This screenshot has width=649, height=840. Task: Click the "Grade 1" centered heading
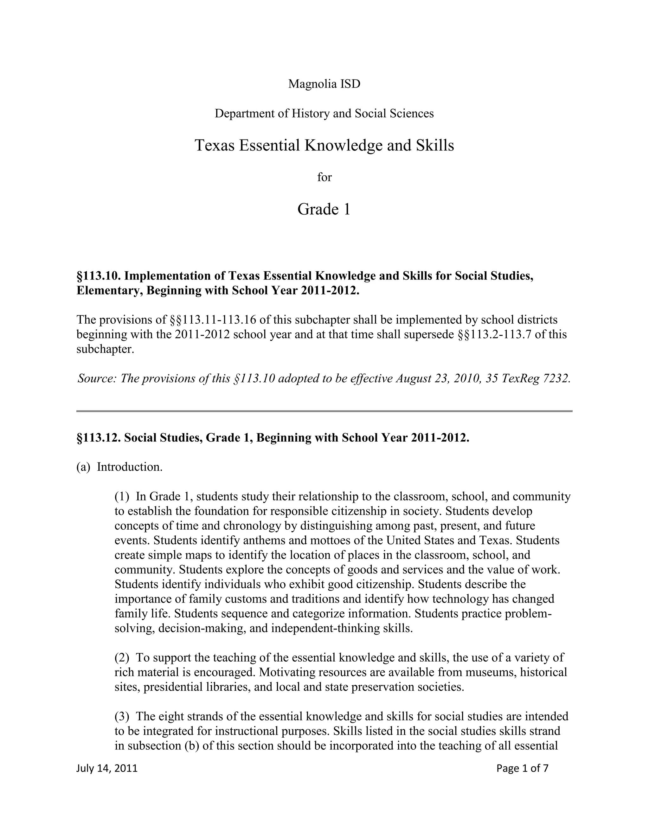pyautogui.click(x=324, y=209)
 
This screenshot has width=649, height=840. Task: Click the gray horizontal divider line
pyautogui.click(x=324, y=411)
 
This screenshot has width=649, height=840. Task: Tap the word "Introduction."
pyautogui.click(x=130, y=467)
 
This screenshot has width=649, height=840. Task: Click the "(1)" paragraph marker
pyautogui.click(x=122, y=496)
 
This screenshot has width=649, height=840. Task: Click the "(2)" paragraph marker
pyautogui.click(x=122, y=657)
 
